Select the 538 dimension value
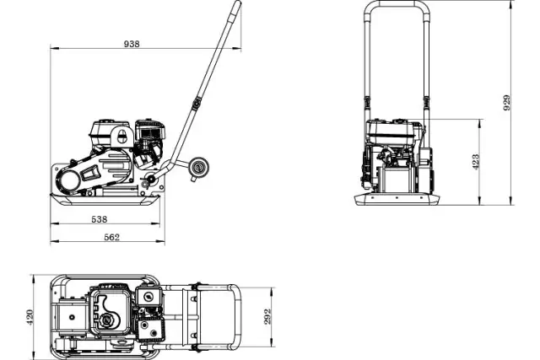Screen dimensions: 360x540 coord(100,219)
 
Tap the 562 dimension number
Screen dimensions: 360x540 coord(111,238)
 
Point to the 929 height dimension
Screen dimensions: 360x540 coord(506,102)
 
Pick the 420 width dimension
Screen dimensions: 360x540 coord(30,316)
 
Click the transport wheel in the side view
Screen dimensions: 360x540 coord(199,168)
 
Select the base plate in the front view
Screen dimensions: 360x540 coord(397,200)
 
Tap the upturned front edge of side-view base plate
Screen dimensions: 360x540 coord(57,196)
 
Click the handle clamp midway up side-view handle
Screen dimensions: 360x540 coord(197,104)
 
